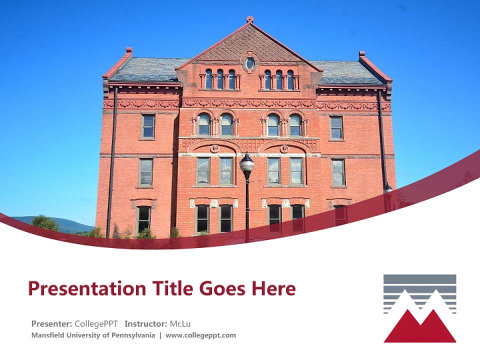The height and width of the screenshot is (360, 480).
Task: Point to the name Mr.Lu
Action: click(180, 323)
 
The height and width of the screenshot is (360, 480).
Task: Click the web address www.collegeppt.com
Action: click(200, 335)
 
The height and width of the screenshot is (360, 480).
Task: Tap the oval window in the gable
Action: click(249, 63)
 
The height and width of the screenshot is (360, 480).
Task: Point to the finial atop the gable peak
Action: click(250, 19)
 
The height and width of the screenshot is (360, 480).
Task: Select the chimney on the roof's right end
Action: click(361, 53)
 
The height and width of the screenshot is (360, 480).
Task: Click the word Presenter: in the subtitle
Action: click(52, 323)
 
